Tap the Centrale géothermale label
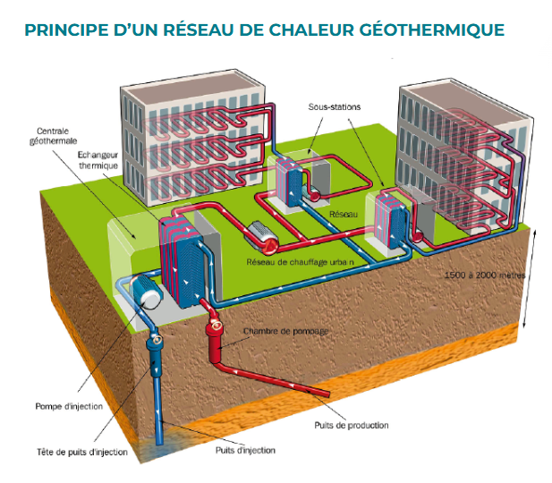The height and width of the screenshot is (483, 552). click(x=56, y=136)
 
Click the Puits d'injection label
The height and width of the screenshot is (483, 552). click(x=245, y=450)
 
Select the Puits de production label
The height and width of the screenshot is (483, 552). click(x=352, y=425)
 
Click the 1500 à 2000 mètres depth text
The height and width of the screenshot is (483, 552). click(x=484, y=275)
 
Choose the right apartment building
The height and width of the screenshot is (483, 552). click(x=461, y=152)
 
